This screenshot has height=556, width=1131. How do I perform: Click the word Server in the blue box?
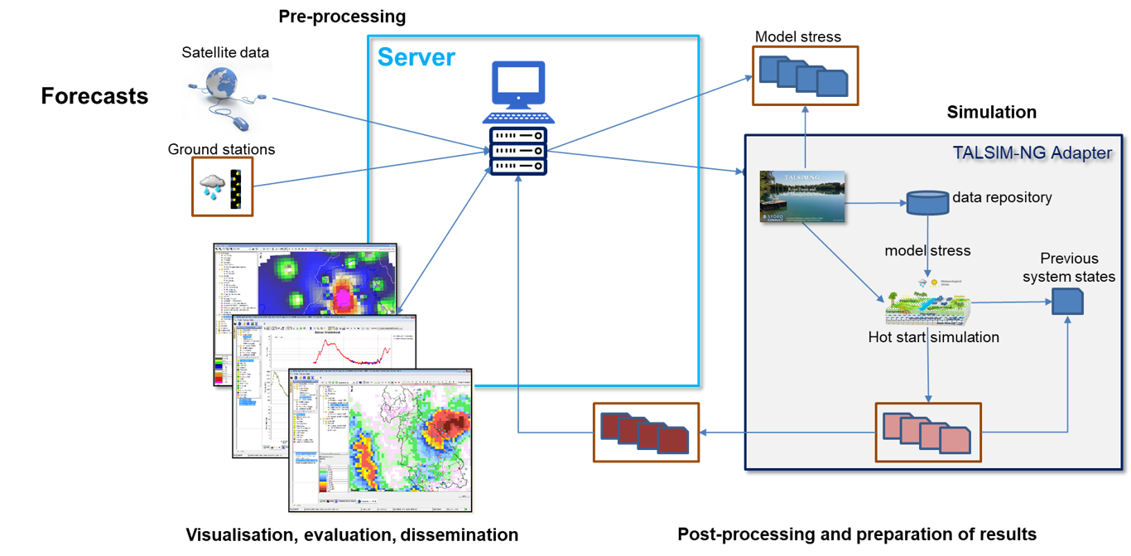pyautogui.click(x=416, y=57)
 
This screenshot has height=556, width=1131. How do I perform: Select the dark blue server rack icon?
pyautogui.click(x=517, y=151)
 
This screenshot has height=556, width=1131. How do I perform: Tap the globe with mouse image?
pyautogui.click(x=227, y=98)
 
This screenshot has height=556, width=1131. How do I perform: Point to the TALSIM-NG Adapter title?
pyautogui.click(x=1032, y=152)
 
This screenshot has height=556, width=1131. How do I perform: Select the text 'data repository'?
pyautogui.click(x=1002, y=197)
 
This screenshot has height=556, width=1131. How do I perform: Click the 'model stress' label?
pyautogui.click(x=927, y=250)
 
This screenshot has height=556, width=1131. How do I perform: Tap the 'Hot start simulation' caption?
pyautogui.click(x=933, y=337)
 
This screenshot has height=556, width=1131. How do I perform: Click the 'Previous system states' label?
pyautogui.click(x=1068, y=267)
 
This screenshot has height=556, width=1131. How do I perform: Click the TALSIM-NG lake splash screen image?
pyautogui.click(x=801, y=196)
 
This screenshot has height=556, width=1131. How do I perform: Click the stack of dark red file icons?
pyautogui.click(x=646, y=433)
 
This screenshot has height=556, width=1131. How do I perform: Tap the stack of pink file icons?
pyautogui.click(x=927, y=433)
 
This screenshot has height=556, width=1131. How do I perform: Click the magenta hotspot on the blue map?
pyautogui.click(x=342, y=295)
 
